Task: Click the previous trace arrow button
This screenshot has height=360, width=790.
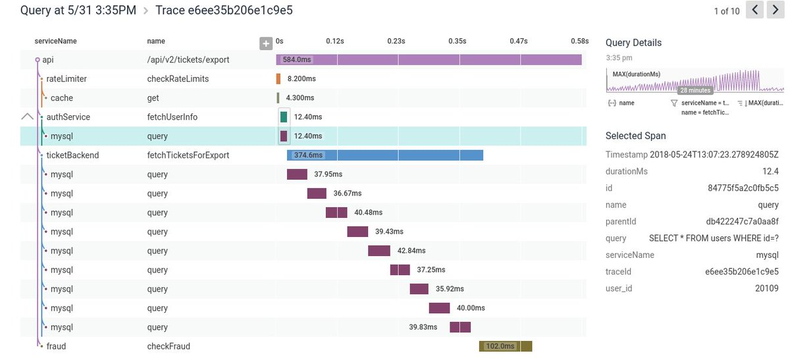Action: pos(754,10)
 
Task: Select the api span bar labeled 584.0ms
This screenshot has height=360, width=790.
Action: pos(429,60)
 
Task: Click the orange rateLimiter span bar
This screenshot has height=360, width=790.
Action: pos(278,79)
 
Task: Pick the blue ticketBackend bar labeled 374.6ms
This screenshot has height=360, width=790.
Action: pos(385,155)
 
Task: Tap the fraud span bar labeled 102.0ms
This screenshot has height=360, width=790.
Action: pos(505,346)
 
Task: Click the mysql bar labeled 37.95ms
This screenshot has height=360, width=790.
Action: pos(297,174)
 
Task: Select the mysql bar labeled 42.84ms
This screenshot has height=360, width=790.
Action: pos(379,251)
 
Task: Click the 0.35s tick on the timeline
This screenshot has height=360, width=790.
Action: pos(457,41)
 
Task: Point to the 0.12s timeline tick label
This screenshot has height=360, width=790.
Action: pos(335,41)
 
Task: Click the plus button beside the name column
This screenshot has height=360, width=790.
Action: pos(266,43)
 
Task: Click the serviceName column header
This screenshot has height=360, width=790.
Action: pos(56,41)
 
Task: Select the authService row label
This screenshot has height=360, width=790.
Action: pos(68,117)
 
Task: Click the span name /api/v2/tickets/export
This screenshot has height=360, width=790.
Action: pos(188,60)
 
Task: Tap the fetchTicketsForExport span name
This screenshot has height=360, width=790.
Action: pos(188,155)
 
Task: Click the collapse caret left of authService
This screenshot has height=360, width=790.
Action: pos(27,116)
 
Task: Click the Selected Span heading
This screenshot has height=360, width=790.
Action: pos(635,136)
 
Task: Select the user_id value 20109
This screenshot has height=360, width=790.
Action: pos(766,288)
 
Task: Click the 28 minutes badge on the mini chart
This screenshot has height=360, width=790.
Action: pos(695,90)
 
